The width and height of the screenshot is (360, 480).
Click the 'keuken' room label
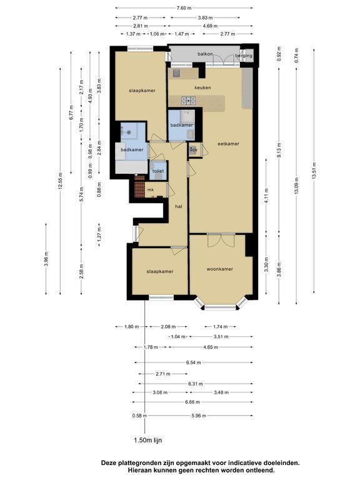click(x=202, y=87)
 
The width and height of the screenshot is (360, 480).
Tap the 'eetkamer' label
click(x=228, y=144)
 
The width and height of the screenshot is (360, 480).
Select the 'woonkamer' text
click(x=220, y=269)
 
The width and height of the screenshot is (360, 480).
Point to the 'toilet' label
click(x=158, y=171)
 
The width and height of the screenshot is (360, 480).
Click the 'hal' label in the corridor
click(x=179, y=207)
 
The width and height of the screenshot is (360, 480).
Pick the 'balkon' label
click(x=205, y=54)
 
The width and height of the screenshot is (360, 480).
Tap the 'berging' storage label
click(x=244, y=56)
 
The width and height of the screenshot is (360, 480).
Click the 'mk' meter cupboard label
click(x=150, y=190)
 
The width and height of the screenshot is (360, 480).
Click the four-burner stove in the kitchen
click(x=189, y=100)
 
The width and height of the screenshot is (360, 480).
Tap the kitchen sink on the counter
click(x=176, y=73)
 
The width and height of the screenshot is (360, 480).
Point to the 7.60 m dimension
click(x=184, y=8)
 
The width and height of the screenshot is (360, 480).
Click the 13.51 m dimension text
click(x=314, y=171)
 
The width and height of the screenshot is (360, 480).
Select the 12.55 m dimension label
click(x=60, y=181)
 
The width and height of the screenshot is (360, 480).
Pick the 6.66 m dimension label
click(x=192, y=402)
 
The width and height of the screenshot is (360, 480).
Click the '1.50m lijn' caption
click(x=148, y=441)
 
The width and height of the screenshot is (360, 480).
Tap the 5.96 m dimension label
click(x=199, y=416)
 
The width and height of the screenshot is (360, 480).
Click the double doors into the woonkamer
click(x=221, y=240)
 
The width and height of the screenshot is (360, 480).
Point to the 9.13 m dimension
click(x=279, y=150)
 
